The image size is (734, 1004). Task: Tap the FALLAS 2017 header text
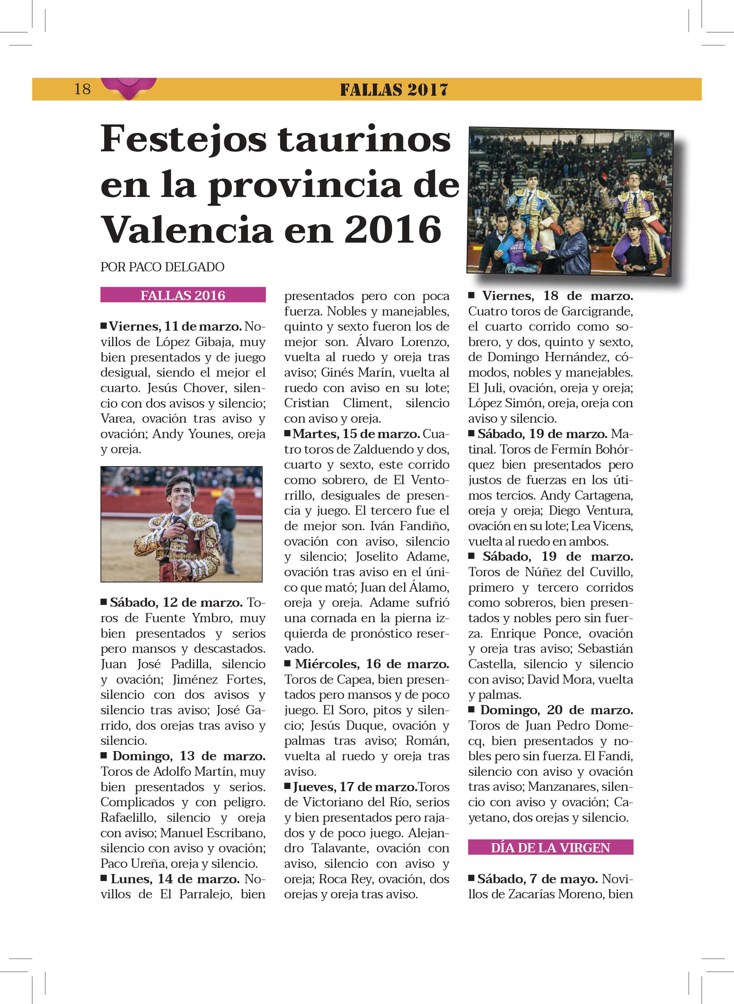pos(394,90)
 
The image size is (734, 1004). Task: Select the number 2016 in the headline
pos(393,230)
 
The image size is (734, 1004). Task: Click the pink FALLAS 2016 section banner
pos(183,295)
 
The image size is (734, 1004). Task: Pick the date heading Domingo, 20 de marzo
pos(556,710)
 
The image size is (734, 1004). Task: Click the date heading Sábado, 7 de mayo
pos(537,879)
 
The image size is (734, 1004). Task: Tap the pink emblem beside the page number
pos(129,88)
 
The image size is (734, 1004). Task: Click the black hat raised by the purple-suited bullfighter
pos(603,179)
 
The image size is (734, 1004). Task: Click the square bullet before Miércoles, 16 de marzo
pos(288,663)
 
